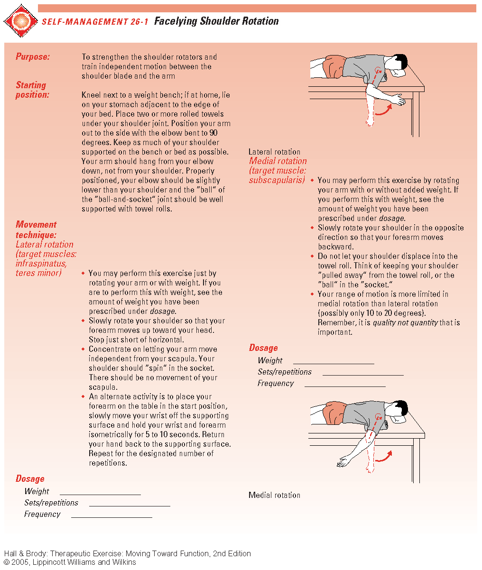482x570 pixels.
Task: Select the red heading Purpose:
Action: [33, 57]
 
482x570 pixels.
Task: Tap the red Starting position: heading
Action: [32, 90]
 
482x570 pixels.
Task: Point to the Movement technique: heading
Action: [36, 230]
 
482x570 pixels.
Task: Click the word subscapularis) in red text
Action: [277, 180]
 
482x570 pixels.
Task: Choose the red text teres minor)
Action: [38, 273]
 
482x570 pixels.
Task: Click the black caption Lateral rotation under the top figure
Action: [274, 152]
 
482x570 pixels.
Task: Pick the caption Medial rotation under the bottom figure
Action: [274, 495]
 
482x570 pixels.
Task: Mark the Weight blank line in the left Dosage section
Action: [100, 494]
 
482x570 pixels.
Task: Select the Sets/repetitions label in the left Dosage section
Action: [51, 503]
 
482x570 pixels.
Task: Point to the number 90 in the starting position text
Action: [213, 133]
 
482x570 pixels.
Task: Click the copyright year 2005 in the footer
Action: [21, 562]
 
